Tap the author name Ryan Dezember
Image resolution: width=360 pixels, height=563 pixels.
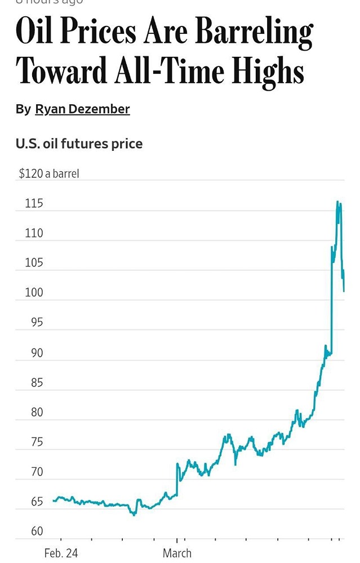point(82,109)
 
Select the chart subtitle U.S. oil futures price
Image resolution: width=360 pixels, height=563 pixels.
point(79,144)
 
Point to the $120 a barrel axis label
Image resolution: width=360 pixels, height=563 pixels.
point(49,173)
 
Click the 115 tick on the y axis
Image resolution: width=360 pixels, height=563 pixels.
point(34,204)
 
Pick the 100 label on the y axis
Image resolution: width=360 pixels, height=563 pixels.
point(34,293)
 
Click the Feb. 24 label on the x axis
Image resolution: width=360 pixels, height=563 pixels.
point(61,553)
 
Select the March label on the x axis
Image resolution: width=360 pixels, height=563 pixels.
point(177,553)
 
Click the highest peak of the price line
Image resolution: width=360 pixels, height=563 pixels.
point(337,201)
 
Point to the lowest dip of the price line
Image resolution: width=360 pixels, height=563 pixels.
point(134,515)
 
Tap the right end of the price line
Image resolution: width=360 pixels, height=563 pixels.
point(344,291)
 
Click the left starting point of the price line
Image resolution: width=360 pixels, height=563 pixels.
point(54,500)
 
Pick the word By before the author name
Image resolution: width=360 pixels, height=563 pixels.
point(23,109)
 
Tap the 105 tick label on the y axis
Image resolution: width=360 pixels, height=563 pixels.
point(34,263)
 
